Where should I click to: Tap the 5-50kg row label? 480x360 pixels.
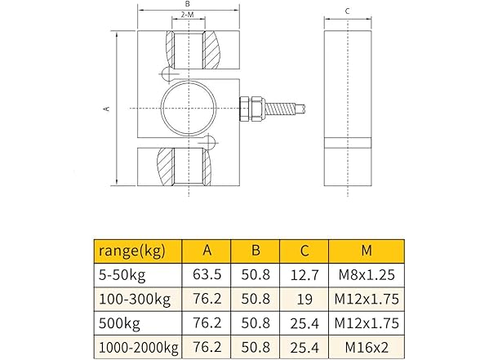point(122,273)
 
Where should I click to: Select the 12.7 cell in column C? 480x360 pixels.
point(303,273)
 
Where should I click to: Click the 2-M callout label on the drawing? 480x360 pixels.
point(187,16)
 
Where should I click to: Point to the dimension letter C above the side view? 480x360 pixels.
point(347,11)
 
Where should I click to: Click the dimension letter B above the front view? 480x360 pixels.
point(187,4)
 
